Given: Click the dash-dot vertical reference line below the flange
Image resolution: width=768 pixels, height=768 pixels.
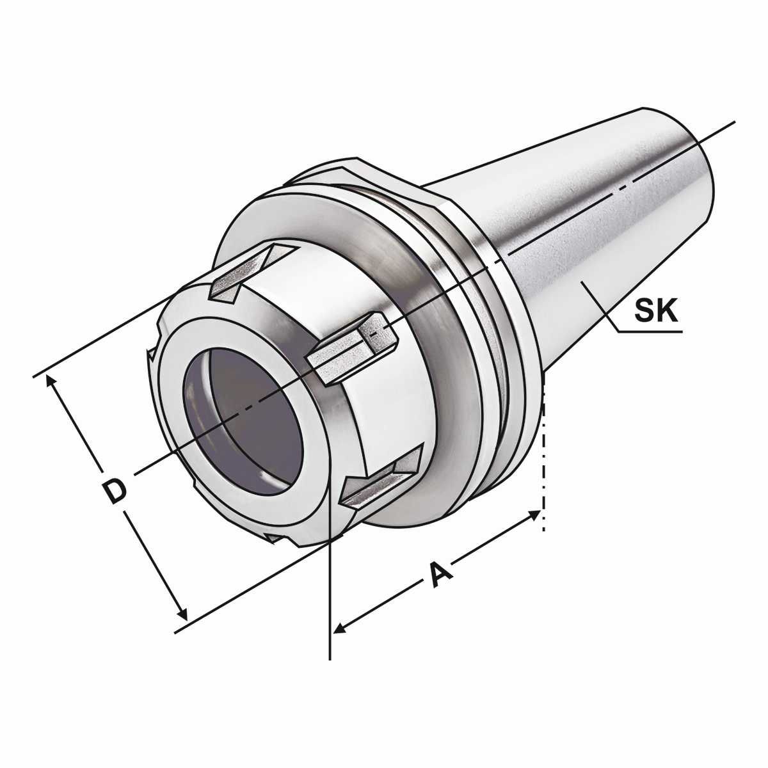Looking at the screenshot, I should pos(543,467).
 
